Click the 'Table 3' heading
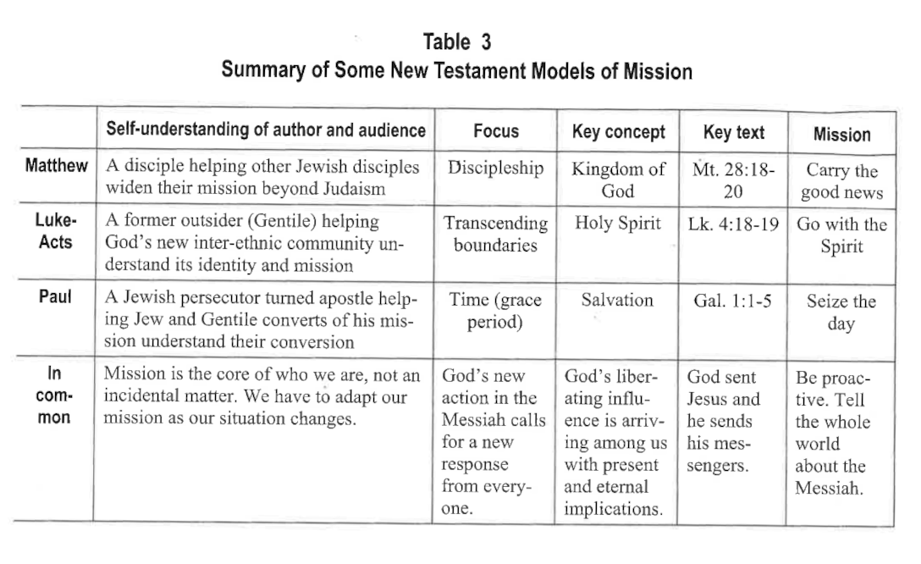tap(456, 41)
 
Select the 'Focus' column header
tap(495, 132)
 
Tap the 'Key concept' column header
tap(618, 132)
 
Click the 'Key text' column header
tap(733, 132)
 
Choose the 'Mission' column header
tap(841, 134)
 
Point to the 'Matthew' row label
tap(56, 165)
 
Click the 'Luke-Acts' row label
tap(55, 231)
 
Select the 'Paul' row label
tap(55, 298)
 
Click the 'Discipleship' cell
tap(495, 168)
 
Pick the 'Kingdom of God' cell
tap(618, 180)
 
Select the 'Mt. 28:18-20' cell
tap(733, 180)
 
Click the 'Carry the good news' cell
tap(841, 182)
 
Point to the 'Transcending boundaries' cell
tap(495, 235)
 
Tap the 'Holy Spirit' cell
tap(618, 224)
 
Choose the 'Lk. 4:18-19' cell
tap(733, 224)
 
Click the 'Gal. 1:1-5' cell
tap(733, 301)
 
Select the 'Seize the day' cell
tap(841, 312)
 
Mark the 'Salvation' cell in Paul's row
tap(618, 301)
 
